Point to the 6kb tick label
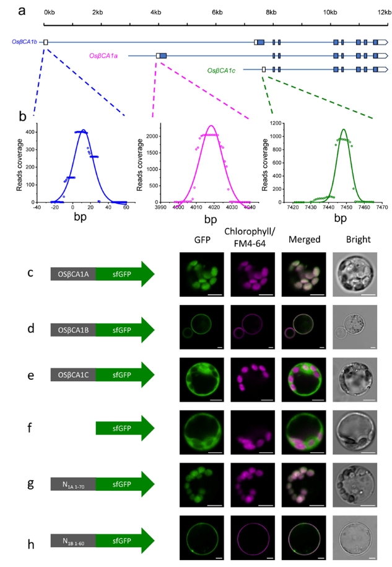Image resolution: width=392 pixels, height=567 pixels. [217, 12]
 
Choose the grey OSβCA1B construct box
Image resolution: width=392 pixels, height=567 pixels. [73, 328]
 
